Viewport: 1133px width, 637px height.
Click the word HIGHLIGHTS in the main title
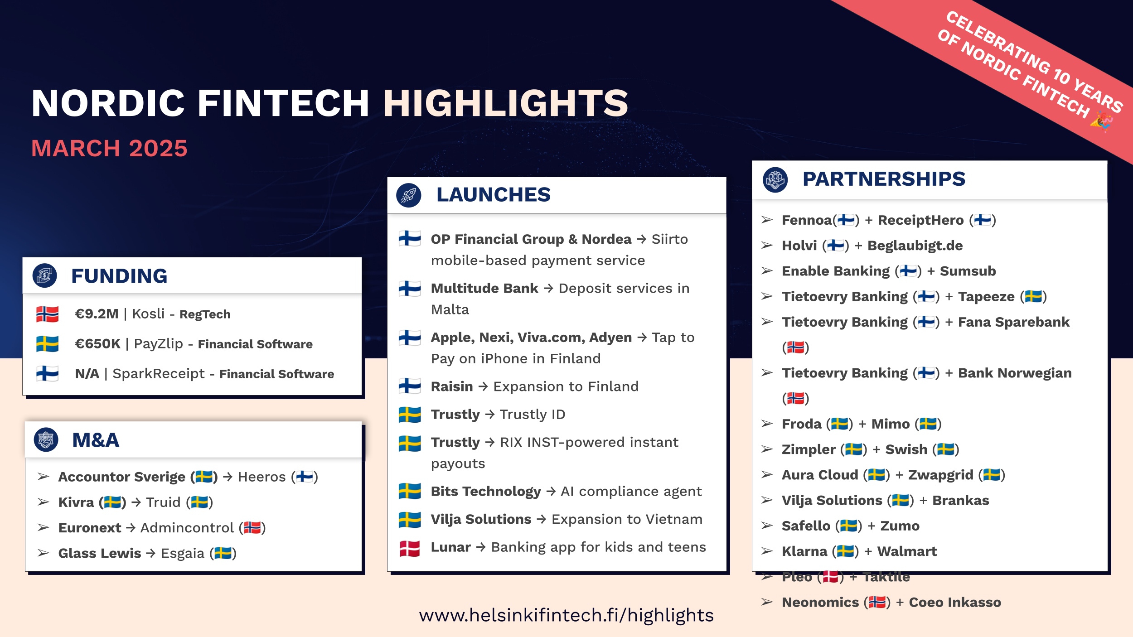point(505,103)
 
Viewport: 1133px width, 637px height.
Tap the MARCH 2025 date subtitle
point(109,149)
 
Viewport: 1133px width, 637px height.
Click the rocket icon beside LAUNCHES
point(409,195)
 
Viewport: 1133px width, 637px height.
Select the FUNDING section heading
point(119,276)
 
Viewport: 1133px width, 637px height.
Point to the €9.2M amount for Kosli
point(97,314)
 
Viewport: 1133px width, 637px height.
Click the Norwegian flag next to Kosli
point(48,314)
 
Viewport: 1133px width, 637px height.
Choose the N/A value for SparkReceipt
point(87,374)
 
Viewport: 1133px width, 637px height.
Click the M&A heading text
point(96,440)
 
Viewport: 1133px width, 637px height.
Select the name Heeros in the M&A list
point(261,477)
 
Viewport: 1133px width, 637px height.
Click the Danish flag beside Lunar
point(410,548)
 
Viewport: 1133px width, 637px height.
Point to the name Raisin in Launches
point(452,386)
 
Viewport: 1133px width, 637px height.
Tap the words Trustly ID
point(533,415)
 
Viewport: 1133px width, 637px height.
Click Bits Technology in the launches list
point(486,492)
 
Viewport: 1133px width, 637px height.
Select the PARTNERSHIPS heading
point(884,179)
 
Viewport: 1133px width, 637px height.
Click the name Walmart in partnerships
point(907,551)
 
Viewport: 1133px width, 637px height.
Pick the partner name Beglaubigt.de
point(915,246)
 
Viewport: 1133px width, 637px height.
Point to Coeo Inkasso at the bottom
point(955,603)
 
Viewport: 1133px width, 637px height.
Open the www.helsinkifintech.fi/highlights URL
point(566,615)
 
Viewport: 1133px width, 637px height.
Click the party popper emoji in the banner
point(1101,122)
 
